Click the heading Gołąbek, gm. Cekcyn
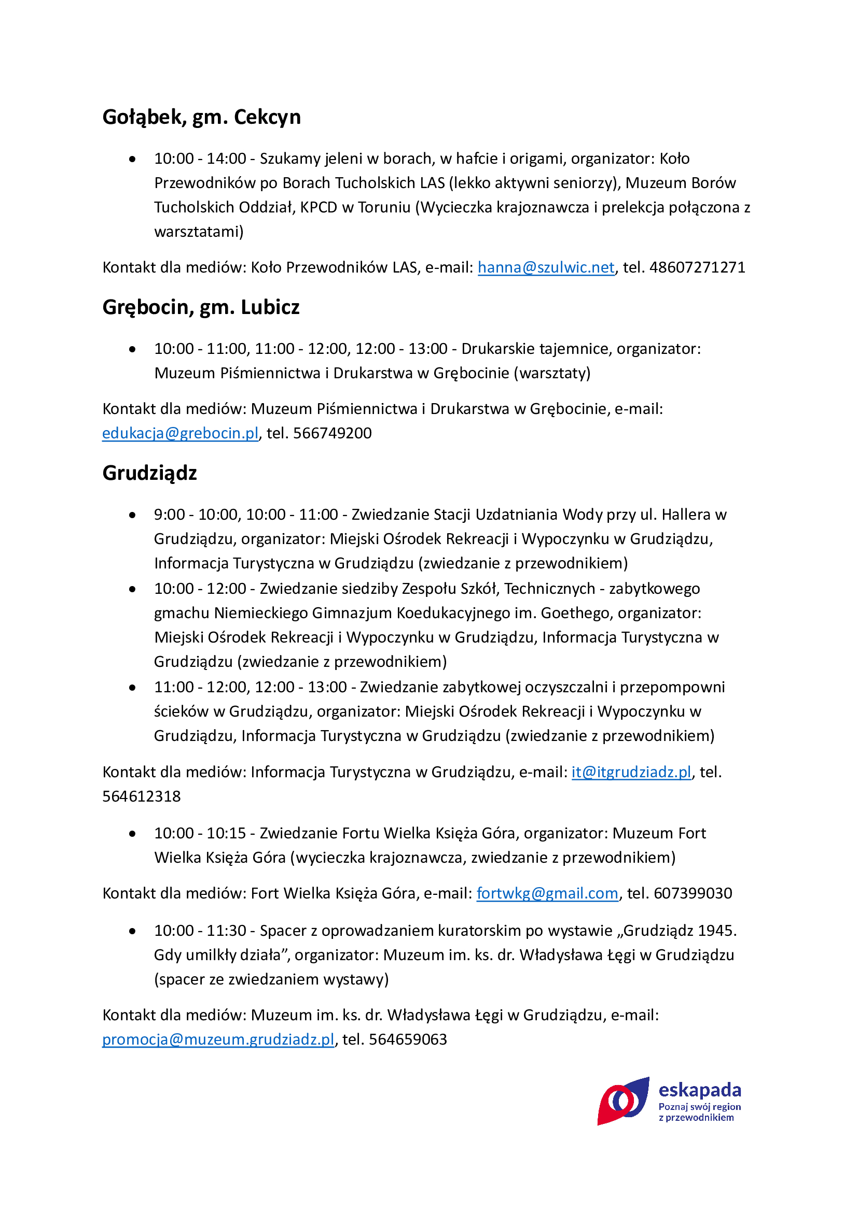(x=201, y=117)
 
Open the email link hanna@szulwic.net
(x=546, y=267)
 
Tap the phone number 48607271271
(x=697, y=267)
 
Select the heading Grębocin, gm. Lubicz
(x=201, y=307)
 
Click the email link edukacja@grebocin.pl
(x=180, y=433)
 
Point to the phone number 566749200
(x=333, y=433)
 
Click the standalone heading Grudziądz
(x=149, y=473)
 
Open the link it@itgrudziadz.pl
(x=631, y=772)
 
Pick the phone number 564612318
(x=142, y=796)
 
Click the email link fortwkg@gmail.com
(x=547, y=894)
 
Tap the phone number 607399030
(x=693, y=894)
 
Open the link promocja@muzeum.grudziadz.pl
(x=218, y=1039)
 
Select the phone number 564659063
(x=408, y=1039)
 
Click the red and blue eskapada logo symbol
(x=623, y=1101)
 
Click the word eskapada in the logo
(x=699, y=1090)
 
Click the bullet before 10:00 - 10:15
(x=132, y=834)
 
